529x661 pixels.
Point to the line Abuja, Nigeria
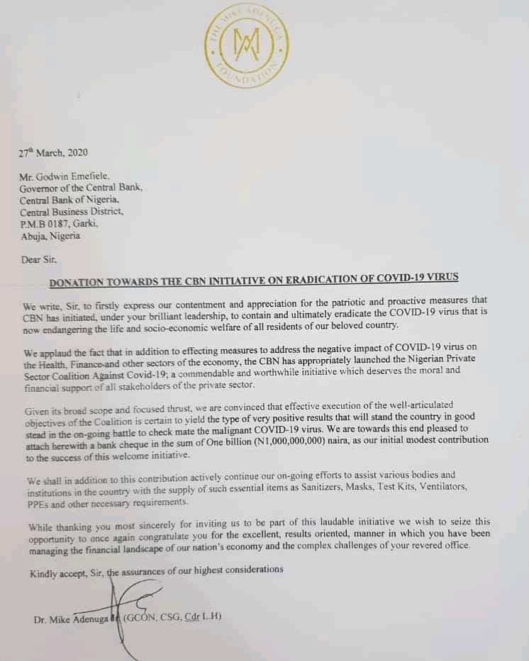point(51,236)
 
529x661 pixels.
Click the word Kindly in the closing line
point(43,569)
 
